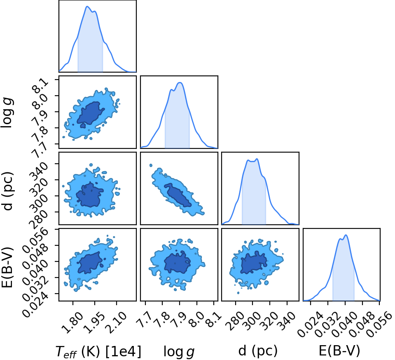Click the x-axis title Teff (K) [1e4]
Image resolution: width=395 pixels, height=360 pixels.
[98, 351]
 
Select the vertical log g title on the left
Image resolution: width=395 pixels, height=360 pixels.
[7, 113]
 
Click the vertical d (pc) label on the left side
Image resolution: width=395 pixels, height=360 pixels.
[7, 191]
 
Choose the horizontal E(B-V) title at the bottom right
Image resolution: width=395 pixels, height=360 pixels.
[339, 351]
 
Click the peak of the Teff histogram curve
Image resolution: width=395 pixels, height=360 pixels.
[87, 6]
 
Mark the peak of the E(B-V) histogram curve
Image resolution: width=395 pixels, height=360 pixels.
[346, 235]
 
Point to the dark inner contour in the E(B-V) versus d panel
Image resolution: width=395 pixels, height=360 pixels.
[253, 263]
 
